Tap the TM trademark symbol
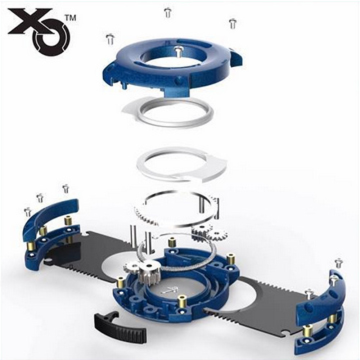pyautogui.click(x=71, y=18)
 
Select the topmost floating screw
pyautogui.click(x=167, y=12)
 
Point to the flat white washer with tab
pyautogui.click(x=181, y=165)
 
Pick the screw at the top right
pyautogui.click(x=233, y=24)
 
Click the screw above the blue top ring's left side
pyautogui.click(x=110, y=39)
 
